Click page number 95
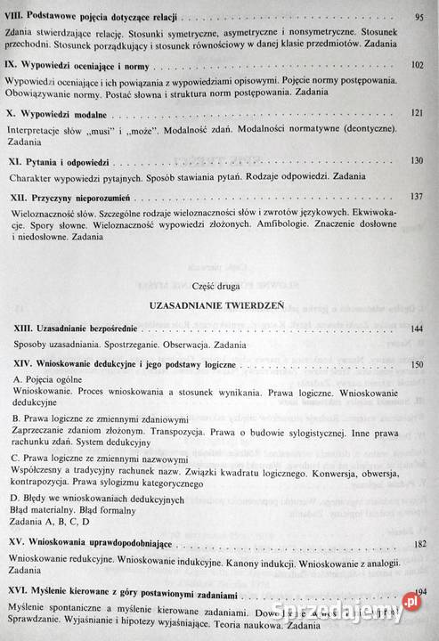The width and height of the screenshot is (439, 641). pos(419,18)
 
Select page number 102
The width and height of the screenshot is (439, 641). pos(417,67)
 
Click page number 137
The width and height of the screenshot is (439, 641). pos(417,196)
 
